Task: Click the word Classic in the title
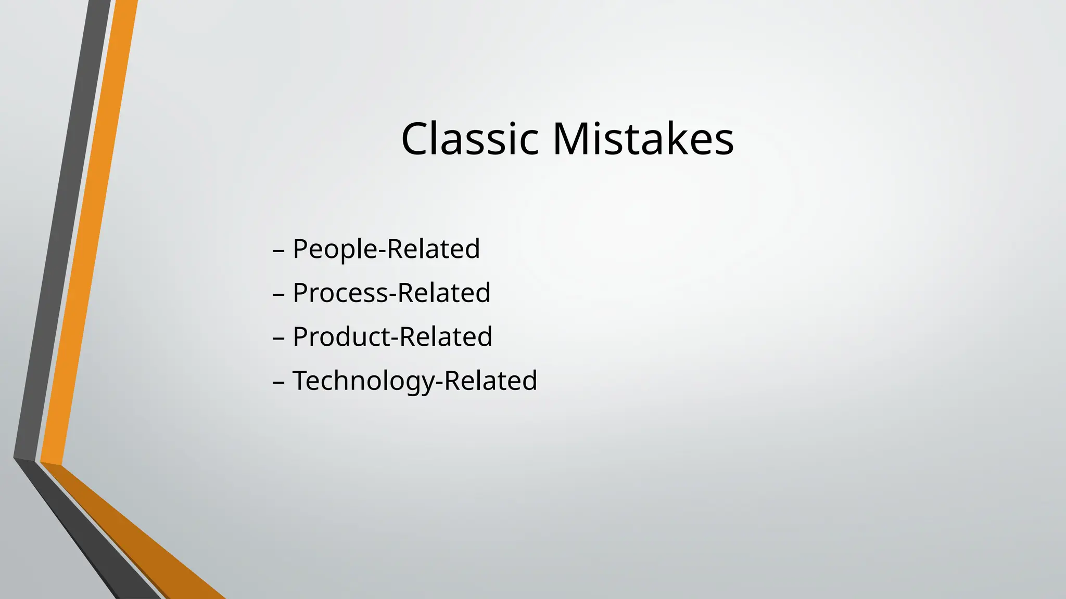coord(469,139)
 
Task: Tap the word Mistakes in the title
coord(643,139)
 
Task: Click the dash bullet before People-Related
coord(278,250)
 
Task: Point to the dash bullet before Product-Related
coord(278,338)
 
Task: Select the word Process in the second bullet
coord(340,293)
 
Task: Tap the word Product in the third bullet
coord(341,336)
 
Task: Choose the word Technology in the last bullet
coord(363,381)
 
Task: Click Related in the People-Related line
coord(433,249)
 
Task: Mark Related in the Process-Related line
coord(444,293)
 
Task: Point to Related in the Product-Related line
coord(446,336)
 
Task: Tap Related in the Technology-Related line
coord(491,381)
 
